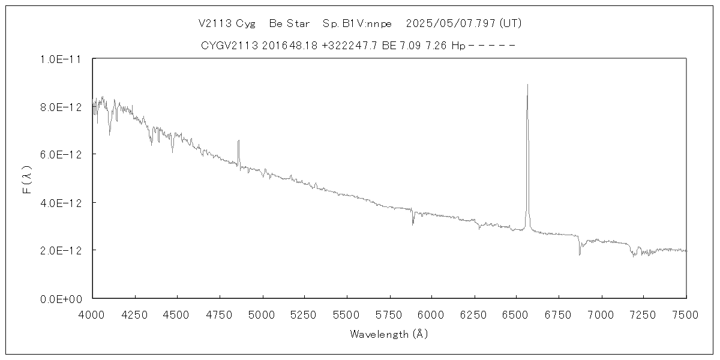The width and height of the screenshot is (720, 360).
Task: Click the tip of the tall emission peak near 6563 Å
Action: point(527,85)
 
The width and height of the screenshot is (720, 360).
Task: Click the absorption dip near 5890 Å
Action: point(413,224)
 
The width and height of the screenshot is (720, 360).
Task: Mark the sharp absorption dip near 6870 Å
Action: point(580,254)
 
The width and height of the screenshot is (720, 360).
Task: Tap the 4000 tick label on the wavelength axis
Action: point(92,314)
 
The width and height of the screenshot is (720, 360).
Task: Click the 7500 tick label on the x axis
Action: point(686,314)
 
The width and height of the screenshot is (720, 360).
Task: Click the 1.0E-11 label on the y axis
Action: point(61,59)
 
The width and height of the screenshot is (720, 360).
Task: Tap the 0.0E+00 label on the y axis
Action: point(61,298)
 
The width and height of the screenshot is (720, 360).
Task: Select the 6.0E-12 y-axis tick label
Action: point(61,155)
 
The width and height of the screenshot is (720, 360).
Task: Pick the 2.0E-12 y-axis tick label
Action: point(61,250)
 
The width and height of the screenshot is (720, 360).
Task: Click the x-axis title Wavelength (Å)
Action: point(389,334)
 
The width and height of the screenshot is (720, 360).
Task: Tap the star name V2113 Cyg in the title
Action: point(226,24)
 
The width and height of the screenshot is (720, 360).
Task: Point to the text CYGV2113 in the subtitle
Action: point(230,45)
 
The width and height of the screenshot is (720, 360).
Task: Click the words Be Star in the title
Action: point(289,24)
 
